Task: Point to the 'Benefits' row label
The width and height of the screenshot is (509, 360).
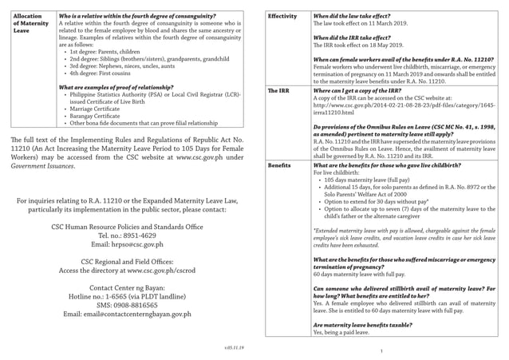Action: [279, 164]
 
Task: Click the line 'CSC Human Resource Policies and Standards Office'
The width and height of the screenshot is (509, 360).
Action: [127, 205]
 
